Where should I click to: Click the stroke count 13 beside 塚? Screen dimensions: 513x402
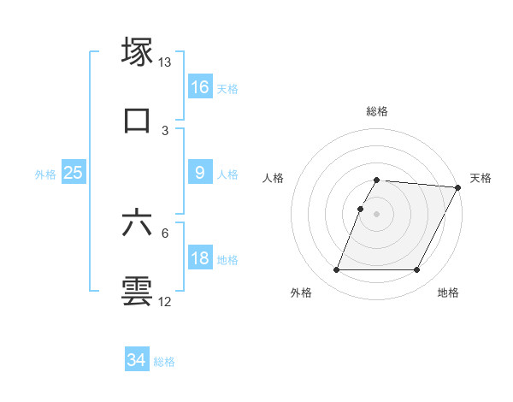(x=165, y=62)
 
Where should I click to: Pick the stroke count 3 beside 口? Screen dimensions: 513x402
(x=165, y=130)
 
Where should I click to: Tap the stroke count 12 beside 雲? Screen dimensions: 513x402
(x=165, y=302)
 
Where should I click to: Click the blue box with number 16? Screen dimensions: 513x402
(x=200, y=87)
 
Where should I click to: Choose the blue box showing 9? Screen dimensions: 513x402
(x=200, y=173)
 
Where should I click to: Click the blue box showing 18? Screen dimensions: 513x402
(x=200, y=258)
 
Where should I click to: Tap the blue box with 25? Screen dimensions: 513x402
(x=74, y=173)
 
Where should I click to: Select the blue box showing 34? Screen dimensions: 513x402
(x=137, y=360)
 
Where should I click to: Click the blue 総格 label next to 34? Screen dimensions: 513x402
(x=164, y=362)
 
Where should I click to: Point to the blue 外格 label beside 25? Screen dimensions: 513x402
(x=45, y=174)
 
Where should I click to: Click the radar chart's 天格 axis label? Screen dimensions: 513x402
(x=481, y=178)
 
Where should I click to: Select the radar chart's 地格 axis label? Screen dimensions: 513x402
(x=448, y=293)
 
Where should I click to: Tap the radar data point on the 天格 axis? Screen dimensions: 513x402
(x=458, y=187)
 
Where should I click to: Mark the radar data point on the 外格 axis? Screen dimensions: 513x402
(x=336, y=270)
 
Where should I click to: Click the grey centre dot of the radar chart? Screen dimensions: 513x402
(x=376, y=214)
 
